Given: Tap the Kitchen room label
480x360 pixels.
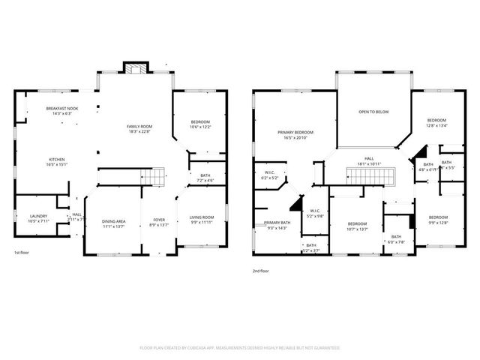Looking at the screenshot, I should [57, 160].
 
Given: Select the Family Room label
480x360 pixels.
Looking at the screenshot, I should [139, 127].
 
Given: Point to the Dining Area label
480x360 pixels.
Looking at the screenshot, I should [113, 223].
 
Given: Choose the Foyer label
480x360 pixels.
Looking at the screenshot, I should [159, 221].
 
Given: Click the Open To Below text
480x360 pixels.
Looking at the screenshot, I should [373, 112].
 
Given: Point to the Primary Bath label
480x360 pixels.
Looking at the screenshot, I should [277, 224].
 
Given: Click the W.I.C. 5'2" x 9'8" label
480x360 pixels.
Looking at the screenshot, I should [315, 213].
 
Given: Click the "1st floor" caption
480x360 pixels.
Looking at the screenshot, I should [22, 252].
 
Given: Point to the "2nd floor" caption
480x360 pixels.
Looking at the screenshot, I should [260, 271].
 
